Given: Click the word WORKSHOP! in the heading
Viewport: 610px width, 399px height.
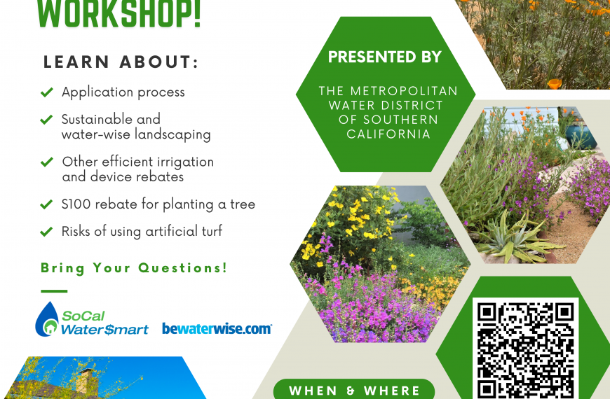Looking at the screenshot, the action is pos(118,14).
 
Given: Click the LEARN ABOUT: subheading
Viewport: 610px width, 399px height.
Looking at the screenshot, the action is pos(121,62).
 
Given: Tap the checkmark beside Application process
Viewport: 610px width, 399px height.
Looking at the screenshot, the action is pos(47,92).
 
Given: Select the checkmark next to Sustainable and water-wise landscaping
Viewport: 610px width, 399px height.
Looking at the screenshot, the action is pos(47,120).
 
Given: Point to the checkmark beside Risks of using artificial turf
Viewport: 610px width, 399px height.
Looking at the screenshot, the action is pos(47,232).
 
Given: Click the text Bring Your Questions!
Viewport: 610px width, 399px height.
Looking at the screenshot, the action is pos(134,268).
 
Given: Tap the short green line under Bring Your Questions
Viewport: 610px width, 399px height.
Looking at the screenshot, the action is pos(54,291).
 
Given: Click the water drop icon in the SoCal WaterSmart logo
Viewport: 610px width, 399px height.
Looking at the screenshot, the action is pos(47,319).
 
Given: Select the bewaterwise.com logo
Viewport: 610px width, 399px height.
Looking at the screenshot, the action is pos(217,329).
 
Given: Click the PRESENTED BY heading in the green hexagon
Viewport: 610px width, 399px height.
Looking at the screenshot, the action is pos(385,57).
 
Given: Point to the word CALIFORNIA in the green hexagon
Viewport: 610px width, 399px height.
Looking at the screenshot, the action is pos(388,134).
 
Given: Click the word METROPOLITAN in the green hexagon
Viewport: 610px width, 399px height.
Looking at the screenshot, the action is pos(404,91).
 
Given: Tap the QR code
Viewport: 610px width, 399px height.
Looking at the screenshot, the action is pos(526,349).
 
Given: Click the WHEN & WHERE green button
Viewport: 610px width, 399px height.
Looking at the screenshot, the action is pos(354,389).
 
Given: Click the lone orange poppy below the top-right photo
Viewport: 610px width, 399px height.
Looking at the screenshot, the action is pos(555,83).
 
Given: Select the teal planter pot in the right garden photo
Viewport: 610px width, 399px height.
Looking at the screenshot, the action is pos(581,136).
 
